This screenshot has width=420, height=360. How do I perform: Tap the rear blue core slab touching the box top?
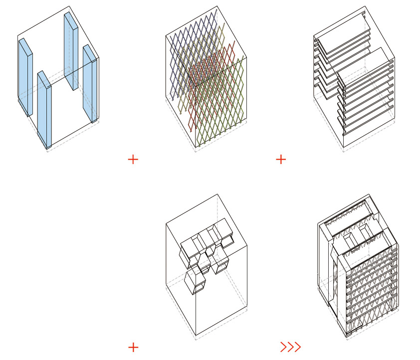point(70,50)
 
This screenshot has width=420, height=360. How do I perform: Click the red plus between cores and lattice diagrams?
point(133,160)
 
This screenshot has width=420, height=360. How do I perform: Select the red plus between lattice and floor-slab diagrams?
point(281,160)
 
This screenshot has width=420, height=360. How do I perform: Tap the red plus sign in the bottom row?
point(133,348)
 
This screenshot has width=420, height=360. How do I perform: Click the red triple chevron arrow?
point(290,347)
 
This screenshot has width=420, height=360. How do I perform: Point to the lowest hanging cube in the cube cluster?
point(195,282)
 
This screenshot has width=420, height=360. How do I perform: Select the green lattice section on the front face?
point(219,115)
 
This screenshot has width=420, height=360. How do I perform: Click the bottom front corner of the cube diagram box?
point(196,336)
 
